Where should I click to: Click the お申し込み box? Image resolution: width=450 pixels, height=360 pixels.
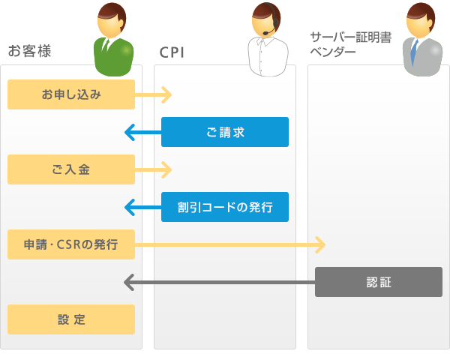(x=71, y=94)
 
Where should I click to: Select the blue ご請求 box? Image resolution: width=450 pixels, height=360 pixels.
(x=225, y=132)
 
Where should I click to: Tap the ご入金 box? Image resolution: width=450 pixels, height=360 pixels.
(x=71, y=169)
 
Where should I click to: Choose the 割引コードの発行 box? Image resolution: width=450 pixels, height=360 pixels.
(x=225, y=207)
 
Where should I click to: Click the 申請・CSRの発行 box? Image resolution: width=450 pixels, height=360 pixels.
(x=71, y=244)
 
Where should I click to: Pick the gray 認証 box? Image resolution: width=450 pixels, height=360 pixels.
(x=379, y=282)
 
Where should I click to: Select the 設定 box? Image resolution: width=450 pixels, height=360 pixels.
(x=71, y=319)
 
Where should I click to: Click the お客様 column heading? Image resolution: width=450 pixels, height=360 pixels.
(x=29, y=51)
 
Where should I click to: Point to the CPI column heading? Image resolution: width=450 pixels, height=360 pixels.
(x=172, y=52)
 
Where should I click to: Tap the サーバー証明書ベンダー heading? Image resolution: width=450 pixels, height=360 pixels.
(x=351, y=44)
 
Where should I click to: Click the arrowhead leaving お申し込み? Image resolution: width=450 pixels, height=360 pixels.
(x=167, y=94)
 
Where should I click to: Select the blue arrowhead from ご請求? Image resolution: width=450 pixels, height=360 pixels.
(x=130, y=132)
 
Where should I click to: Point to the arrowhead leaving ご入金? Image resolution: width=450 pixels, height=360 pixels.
(x=167, y=169)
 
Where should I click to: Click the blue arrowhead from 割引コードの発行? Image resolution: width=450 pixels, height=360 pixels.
(x=130, y=207)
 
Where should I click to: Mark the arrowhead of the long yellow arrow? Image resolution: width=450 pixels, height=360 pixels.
(x=321, y=244)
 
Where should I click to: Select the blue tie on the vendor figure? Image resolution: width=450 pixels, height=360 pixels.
(x=413, y=52)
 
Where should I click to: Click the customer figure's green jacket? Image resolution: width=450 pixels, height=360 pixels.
(x=114, y=58)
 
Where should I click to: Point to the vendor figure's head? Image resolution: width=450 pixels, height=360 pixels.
(x=420, y=20)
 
